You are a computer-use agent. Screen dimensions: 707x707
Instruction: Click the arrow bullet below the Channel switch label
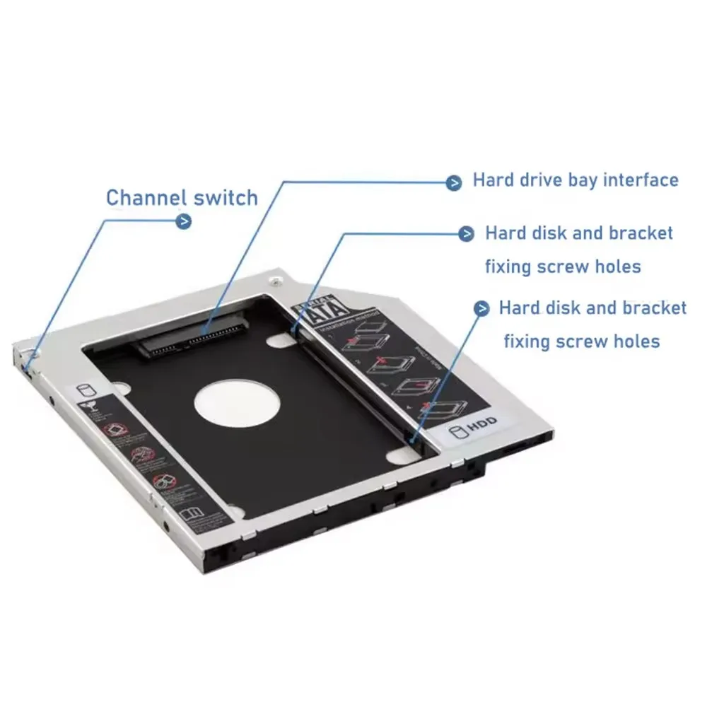(x=183, y=222)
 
